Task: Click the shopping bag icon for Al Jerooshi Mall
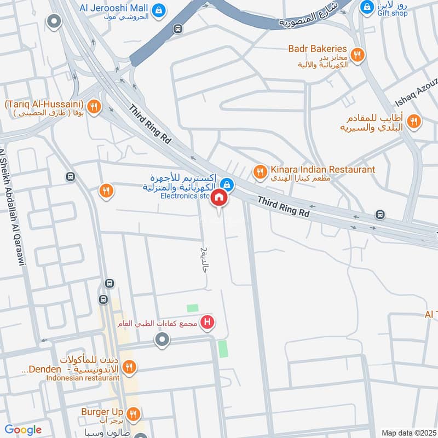tap(158, 9)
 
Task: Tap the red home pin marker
tap(220, 198)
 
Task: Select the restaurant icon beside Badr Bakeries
tap(358, 54)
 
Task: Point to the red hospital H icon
tap(207, 322)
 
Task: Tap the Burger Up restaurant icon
tap(131, 414)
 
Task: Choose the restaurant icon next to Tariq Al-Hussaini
tap(94, 107)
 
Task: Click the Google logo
tap(23, 430)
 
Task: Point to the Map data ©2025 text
tap(408, 433)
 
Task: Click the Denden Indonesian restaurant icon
tap(129, 367)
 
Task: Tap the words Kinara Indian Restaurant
tap(322, 170)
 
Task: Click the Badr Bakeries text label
tap(318, 49)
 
